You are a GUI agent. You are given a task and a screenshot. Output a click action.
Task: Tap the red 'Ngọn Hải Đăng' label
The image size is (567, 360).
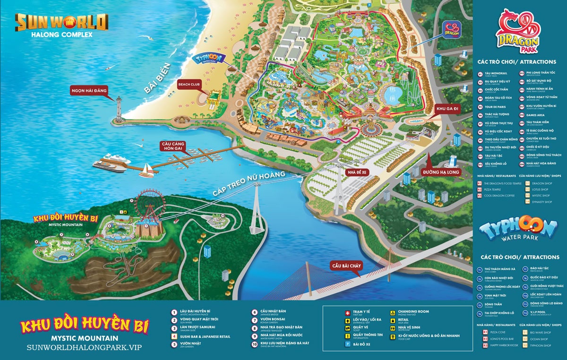click(x=89, y=90)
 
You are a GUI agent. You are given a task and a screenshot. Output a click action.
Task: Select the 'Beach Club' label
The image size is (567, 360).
click(x=188, y=84)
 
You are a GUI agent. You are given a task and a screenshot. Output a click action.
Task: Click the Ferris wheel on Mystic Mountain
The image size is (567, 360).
click(x=150, y=204)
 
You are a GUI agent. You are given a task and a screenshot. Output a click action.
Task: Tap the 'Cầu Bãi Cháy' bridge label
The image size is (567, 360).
click(x=346, y=266)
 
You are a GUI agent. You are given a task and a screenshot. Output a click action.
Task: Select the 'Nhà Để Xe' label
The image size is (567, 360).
click(x=356, y=172)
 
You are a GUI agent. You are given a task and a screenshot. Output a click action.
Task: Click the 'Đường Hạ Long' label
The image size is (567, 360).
click(x=441, y=172)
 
